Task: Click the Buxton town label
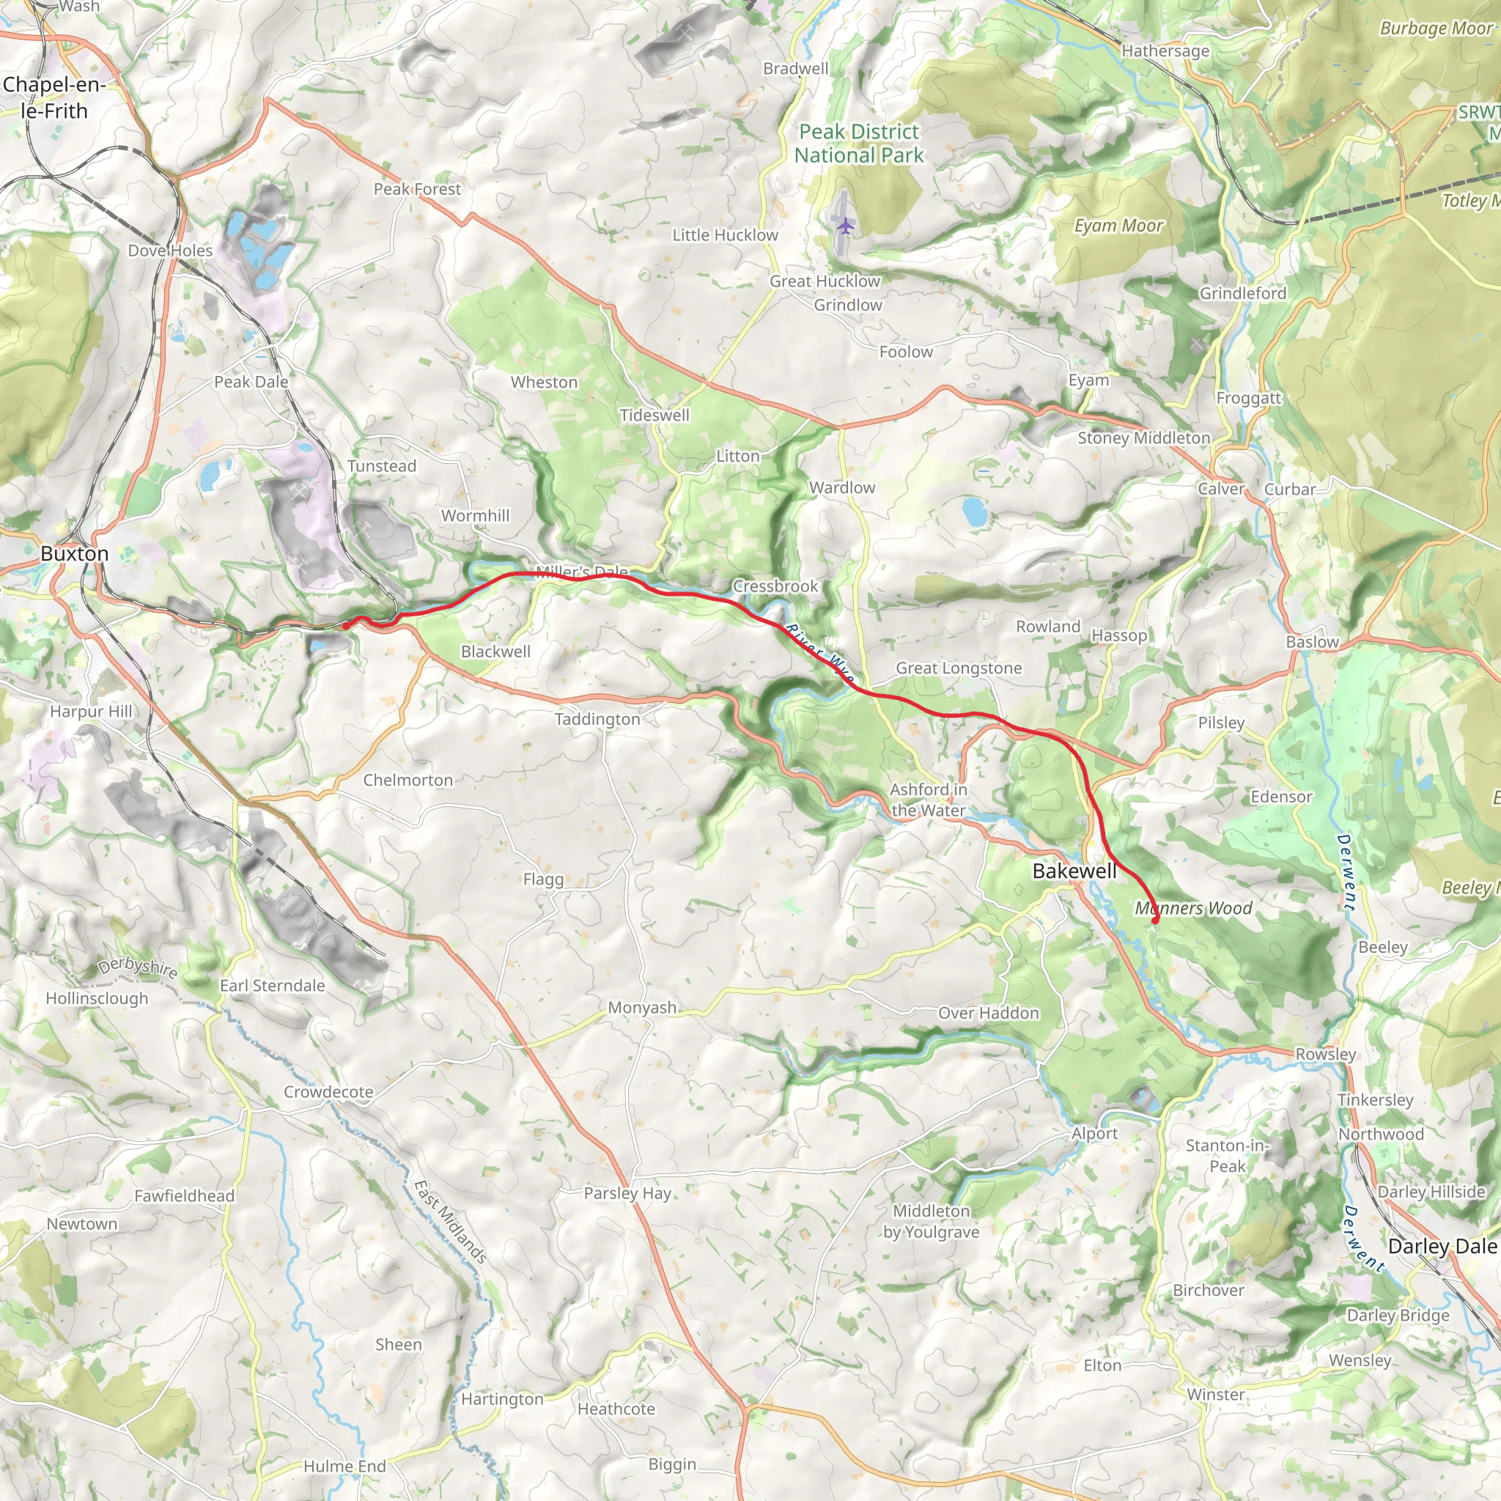point(75,554)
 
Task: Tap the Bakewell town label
point(1074,871)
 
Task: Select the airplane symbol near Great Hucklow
point(846,226)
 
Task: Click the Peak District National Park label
point(858,144)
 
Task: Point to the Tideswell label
point(654,416)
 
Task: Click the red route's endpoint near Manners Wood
point(1155,921)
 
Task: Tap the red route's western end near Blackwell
point(346,624)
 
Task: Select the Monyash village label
point(642,1008)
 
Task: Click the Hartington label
point(502,1399)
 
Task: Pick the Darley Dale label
point(1441,1247)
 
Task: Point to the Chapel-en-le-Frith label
point(54,98)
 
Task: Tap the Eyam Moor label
point(1118,226)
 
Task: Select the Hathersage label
point(1165,51)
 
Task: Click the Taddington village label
point(597,720)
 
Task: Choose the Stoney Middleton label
point(1143,438)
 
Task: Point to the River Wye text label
point(819,652)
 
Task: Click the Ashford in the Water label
point(929,800)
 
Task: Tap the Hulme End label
point(344,1466)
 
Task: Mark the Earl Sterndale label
point(272,986)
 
